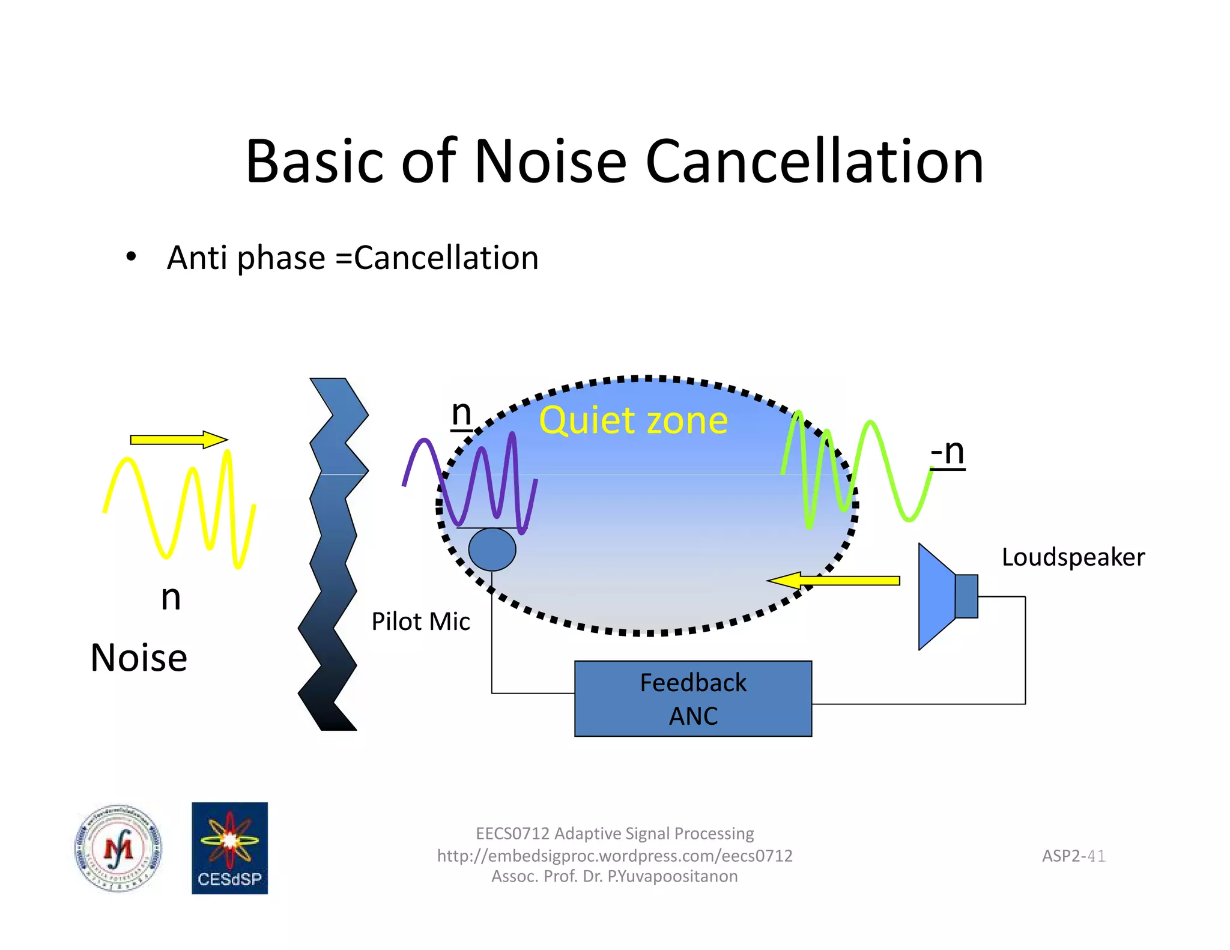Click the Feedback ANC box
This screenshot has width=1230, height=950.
coord(692,698)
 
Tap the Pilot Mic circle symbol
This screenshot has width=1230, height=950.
coord(492,549)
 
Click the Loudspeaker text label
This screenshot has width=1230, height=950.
coord(1073,557)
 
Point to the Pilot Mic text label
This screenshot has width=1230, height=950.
coord(420,622)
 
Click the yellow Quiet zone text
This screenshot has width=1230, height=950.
coord(633,420)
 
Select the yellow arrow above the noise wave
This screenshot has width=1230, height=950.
coord(178,440)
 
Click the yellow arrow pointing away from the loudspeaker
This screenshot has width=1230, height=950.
coord(834,580)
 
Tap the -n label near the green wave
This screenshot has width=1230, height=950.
coord(947,452)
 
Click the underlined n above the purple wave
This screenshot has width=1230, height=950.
coord(461,413)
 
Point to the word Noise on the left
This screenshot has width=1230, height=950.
coord(139,658)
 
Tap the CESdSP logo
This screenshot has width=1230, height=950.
coord(229,848)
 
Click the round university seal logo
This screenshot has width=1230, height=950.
coord(118,848)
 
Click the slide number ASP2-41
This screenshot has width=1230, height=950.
coord(1073,856)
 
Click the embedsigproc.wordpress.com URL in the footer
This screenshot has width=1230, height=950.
coord(614,856)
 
